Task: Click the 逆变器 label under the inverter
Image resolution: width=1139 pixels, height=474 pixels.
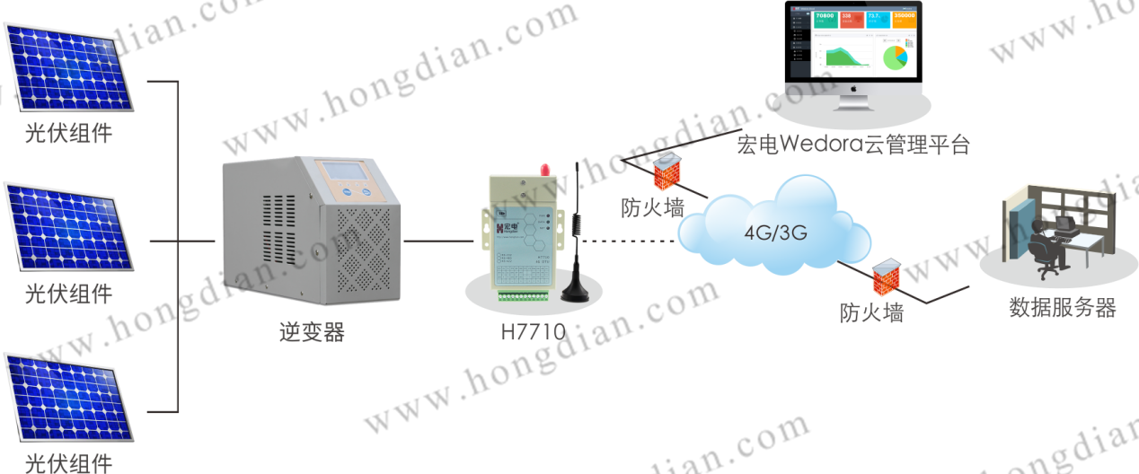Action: click(311, 333)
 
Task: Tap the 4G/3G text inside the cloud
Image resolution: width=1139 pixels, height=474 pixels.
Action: click(775, 233)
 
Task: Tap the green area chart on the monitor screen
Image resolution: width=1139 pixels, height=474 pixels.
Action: click(845, 57)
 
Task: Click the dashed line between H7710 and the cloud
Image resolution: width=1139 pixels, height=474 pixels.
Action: click(629, 241)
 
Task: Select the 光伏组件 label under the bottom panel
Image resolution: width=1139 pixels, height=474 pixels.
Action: click(68, 462)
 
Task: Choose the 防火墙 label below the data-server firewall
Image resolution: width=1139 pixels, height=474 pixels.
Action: click(871, 313)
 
